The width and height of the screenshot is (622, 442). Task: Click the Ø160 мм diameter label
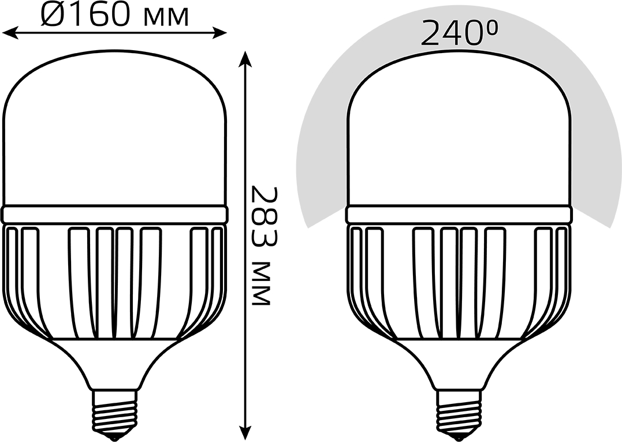point(114,15)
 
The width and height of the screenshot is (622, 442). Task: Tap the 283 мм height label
point(261,245)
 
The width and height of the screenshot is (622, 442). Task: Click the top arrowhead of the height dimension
point(246,59)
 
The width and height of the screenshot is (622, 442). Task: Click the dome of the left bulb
point(115,127)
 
